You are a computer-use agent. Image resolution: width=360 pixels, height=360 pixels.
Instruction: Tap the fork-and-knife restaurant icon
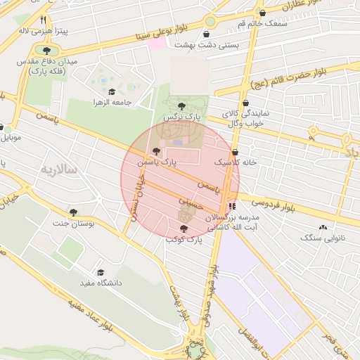[x=44, y=20]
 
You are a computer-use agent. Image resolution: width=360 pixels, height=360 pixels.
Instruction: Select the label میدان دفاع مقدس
[x=42, y=63]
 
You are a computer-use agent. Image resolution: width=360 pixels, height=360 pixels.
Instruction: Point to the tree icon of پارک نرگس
[x=182, y=105]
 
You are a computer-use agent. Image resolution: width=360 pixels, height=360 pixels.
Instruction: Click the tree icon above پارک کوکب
[x=184, y=229]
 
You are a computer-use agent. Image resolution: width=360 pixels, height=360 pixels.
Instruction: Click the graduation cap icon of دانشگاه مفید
[x=100, y=272]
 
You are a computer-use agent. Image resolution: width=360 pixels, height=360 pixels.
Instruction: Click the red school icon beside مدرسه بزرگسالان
[x=232, y=206]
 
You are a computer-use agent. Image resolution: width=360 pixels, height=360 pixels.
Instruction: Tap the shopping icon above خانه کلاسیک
[x=235, y=152]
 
